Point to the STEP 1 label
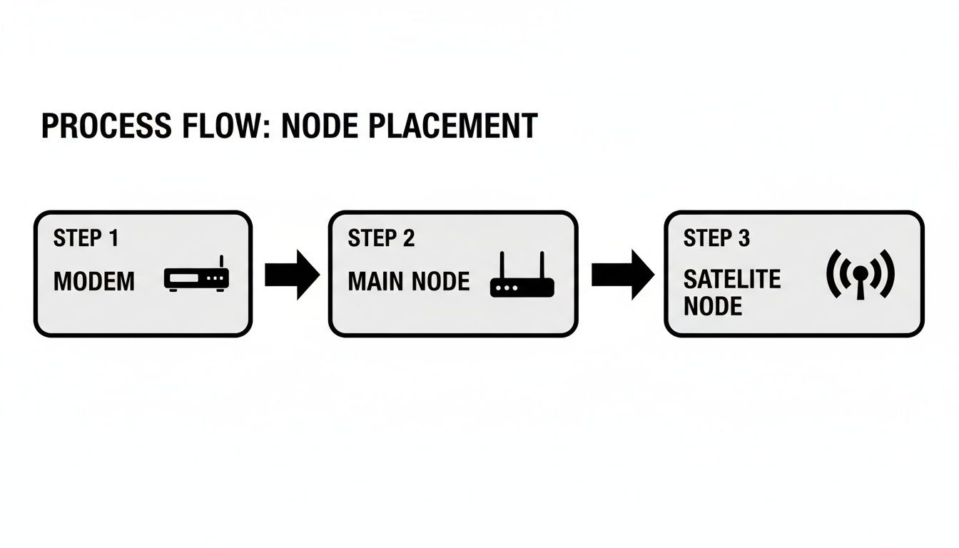pos(86,238)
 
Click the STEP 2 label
pos(381,238)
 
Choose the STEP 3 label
pos(716,238)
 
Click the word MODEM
pos(94,282)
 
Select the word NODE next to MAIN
pos(441,282)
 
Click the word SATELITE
pos(732,279)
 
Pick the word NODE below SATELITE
pos(713,307)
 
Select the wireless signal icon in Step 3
pos(860,274)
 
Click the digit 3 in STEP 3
pos(744,238)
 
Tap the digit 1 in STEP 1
pos(113,238)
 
